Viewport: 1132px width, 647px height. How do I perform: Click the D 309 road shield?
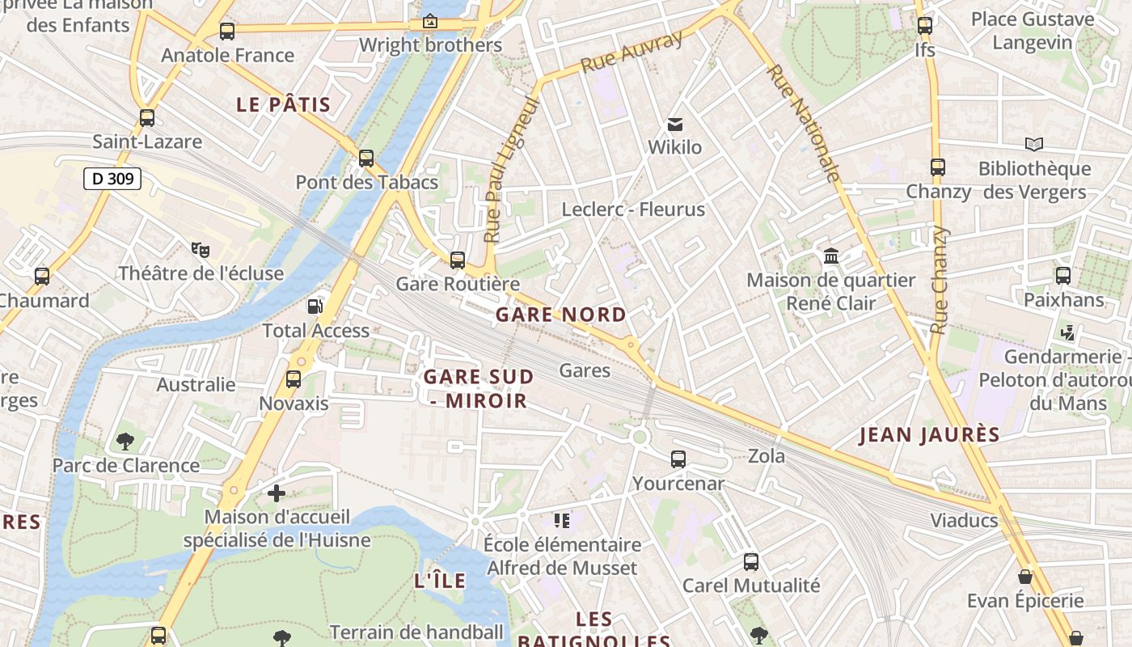(112, 179)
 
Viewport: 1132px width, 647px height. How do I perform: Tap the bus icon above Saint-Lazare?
(146, 118)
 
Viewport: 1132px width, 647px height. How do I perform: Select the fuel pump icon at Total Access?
(315, 307)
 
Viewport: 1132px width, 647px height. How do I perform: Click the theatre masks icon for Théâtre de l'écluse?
(201, 250)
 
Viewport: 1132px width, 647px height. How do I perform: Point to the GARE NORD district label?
(561, 315)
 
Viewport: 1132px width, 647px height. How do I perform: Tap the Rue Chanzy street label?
(939, 281)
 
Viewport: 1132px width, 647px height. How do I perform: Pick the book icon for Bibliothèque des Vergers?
(1033, 145)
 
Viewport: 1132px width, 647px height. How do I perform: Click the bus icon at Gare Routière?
(458, 260)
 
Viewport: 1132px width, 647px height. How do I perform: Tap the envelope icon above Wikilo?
(674, 125)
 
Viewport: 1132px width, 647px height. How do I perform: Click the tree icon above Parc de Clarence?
(125, 441)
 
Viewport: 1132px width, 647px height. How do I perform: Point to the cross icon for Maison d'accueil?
(277, 493)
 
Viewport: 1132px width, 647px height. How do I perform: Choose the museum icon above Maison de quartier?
(830, 256)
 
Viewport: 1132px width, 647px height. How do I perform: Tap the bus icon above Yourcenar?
(678, 459)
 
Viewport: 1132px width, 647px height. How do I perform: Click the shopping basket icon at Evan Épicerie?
(1024, 577)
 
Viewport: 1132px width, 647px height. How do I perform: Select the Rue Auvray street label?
(632, 52)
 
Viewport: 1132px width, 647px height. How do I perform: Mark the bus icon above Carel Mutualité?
(751, 561)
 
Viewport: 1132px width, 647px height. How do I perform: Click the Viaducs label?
(964, 520)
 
